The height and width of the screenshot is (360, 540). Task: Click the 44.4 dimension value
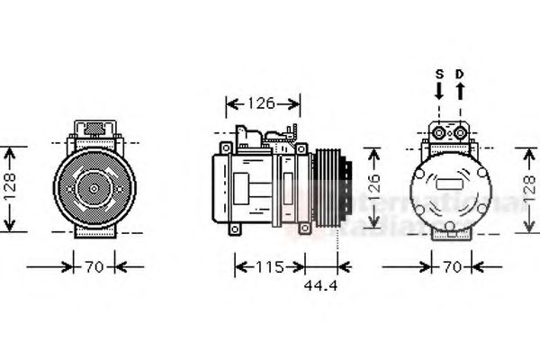(320, 285)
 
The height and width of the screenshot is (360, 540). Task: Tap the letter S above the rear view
(439, 73)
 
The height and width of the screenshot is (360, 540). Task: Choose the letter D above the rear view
(459, 73)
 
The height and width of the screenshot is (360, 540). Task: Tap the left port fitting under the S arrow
(438, 132)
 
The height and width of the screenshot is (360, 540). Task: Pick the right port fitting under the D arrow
(460, 132)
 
